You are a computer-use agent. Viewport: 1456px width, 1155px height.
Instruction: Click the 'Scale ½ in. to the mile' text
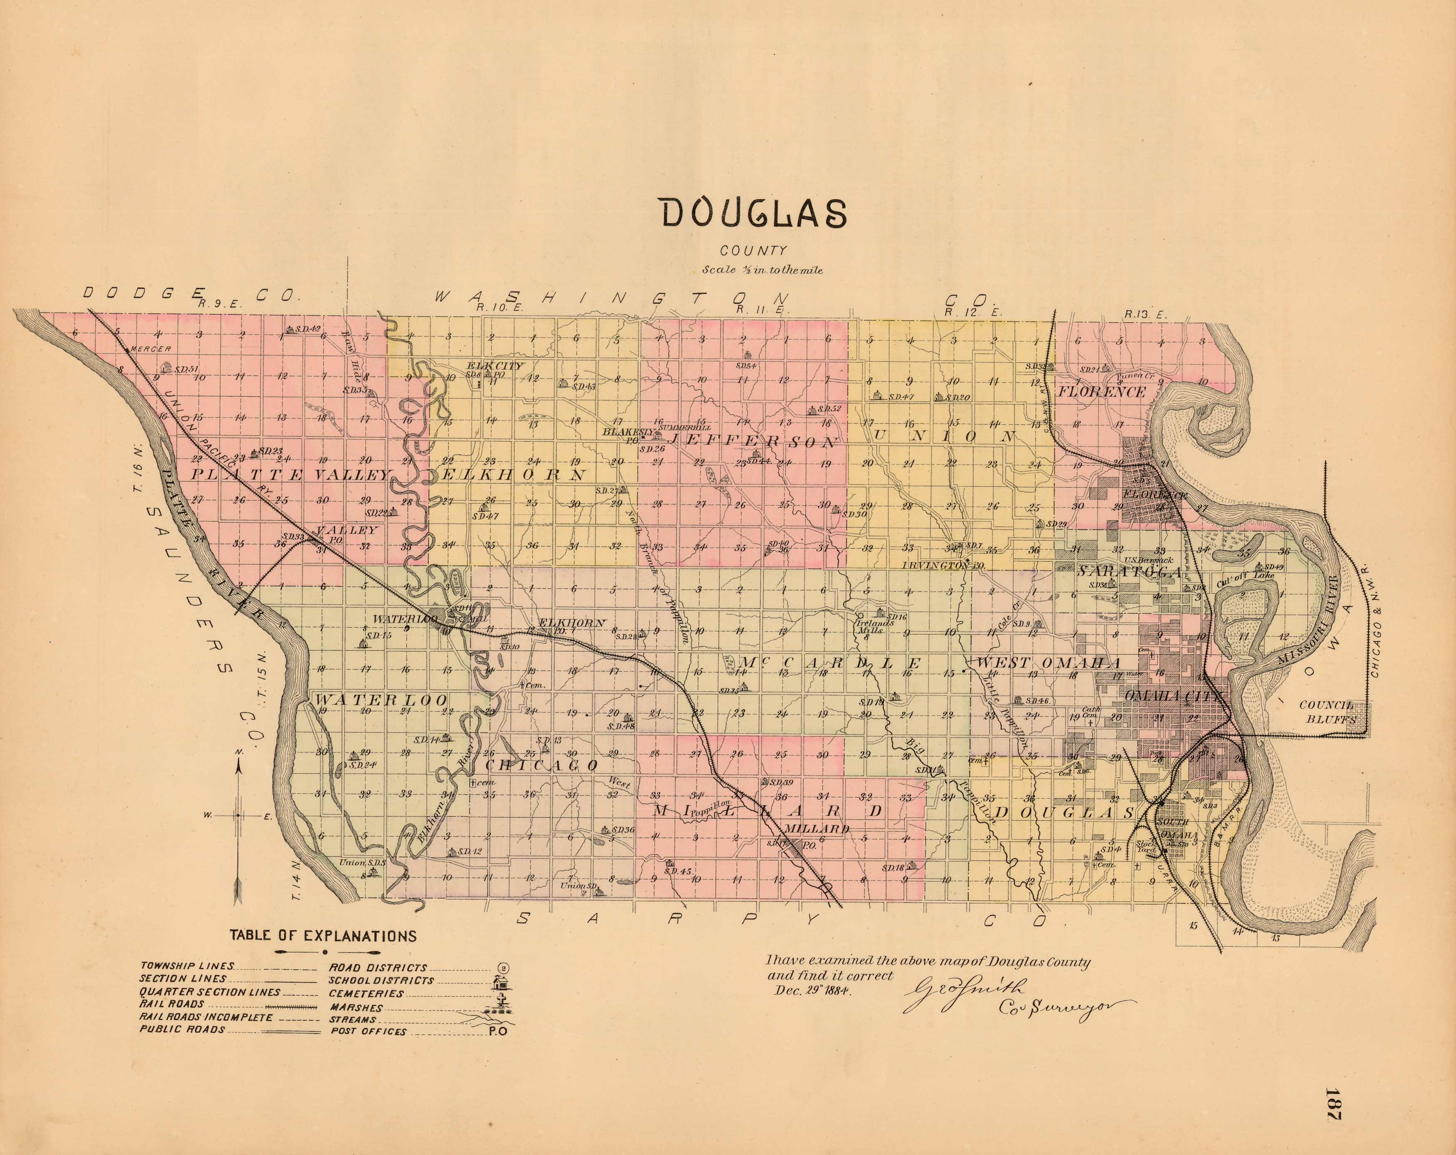762,270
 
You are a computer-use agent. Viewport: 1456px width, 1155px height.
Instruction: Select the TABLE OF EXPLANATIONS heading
323,936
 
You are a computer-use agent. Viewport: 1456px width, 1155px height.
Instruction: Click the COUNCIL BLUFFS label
1328,712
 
